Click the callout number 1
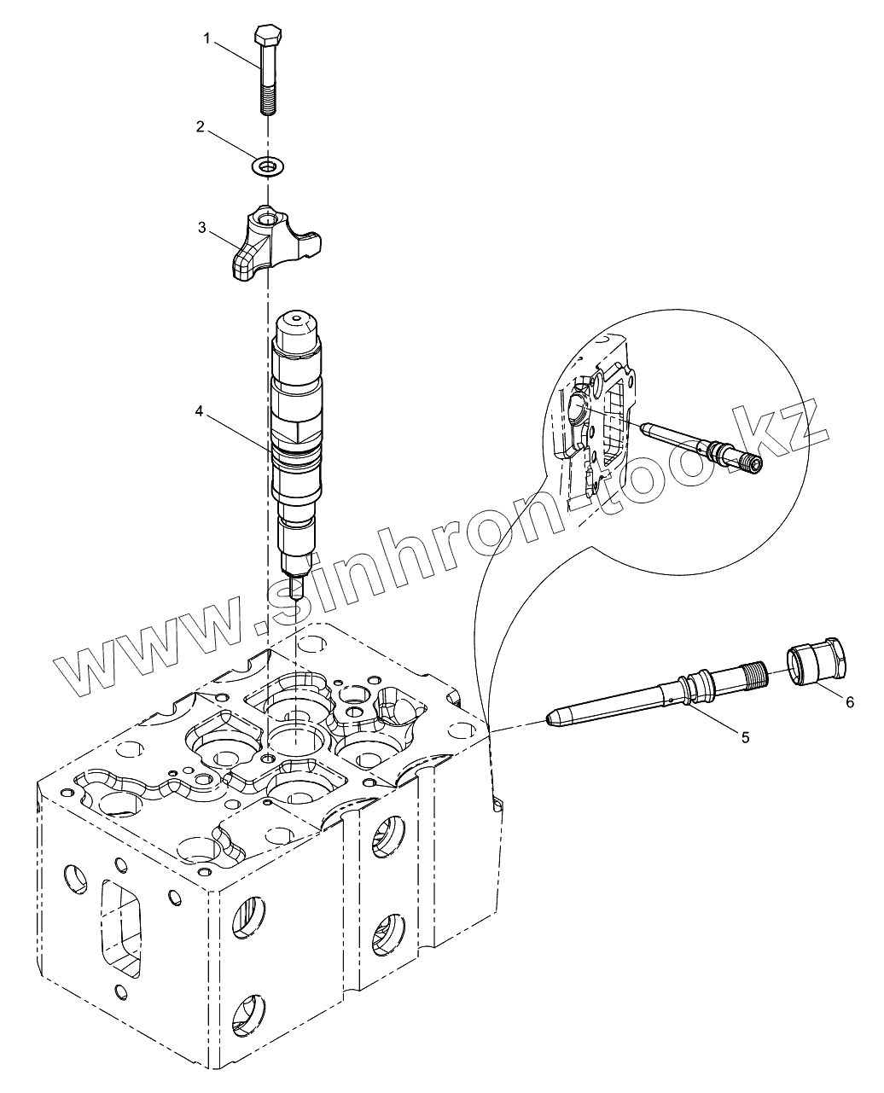(x=206, y=38)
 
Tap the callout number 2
(x=200, y=127)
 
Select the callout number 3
(x=201, y=228)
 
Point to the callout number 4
(x=199, y=411)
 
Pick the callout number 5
(x=745, y=737)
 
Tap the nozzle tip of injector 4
(x=295, y=588)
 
